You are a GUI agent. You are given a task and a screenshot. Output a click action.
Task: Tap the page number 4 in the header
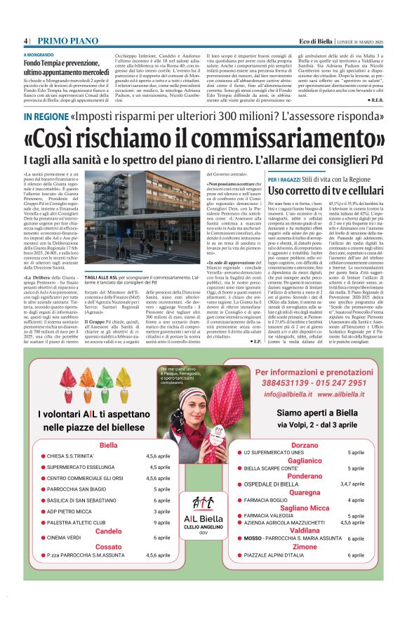[25, 41]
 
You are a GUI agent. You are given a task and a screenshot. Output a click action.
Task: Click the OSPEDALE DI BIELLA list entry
[271, 484]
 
